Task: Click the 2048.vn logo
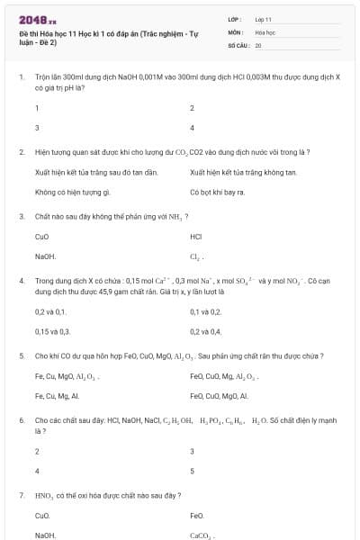37,19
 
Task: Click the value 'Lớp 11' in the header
264,18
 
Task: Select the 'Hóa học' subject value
265,31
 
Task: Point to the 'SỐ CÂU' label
238,44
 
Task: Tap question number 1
21,78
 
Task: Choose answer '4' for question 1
192,128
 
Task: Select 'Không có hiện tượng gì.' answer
72,192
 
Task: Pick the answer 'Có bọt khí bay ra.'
218,192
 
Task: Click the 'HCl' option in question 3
196,237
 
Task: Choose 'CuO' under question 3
41,237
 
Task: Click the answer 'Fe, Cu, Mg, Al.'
57,395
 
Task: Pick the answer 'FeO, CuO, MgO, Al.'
219,395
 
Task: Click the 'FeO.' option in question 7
197,516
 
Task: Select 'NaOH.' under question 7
45,535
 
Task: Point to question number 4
21,281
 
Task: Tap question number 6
21,420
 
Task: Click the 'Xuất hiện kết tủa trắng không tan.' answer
243,172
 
